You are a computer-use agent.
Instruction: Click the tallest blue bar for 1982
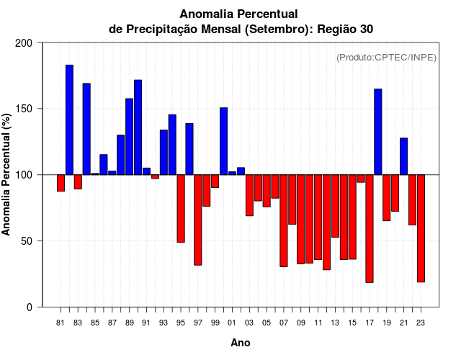pos(69,120)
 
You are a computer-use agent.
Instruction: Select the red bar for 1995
pos(181,208)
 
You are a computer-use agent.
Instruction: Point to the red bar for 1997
pos(198,220)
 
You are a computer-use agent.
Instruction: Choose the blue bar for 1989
pos(130,137)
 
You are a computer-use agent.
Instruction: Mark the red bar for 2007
pos(284,220)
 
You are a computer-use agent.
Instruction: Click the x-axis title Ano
pos(241,343)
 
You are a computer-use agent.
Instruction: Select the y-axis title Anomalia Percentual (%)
pos(7,175)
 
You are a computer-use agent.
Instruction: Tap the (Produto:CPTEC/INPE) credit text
pos(386,58)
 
